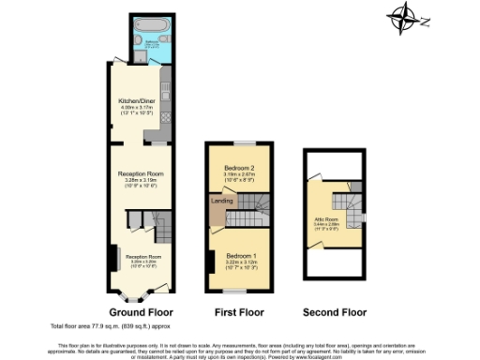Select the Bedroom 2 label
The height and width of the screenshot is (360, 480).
tap(239, 167)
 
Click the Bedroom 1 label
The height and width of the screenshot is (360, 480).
tap(239, 255)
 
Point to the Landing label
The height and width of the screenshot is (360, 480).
tap(223, 200)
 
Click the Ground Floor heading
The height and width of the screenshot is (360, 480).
tap(138, 311)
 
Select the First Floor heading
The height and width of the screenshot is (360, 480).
tap(238, 311)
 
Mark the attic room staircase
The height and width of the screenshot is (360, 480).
tap(347, 202)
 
